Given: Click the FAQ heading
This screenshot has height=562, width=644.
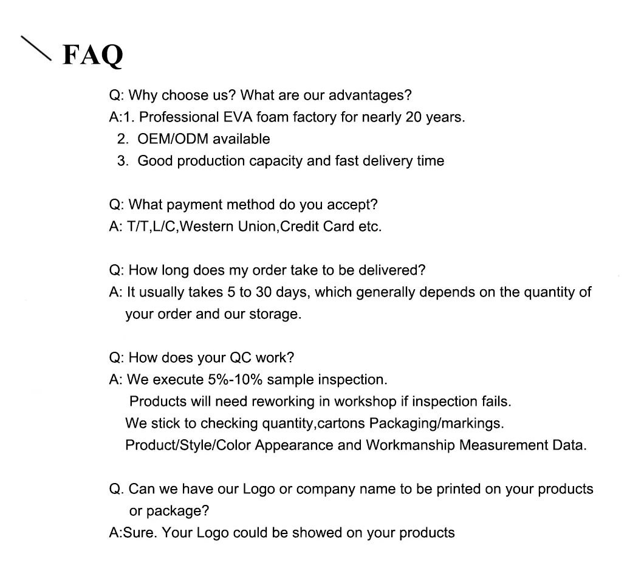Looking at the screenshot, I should coord(93,55).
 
